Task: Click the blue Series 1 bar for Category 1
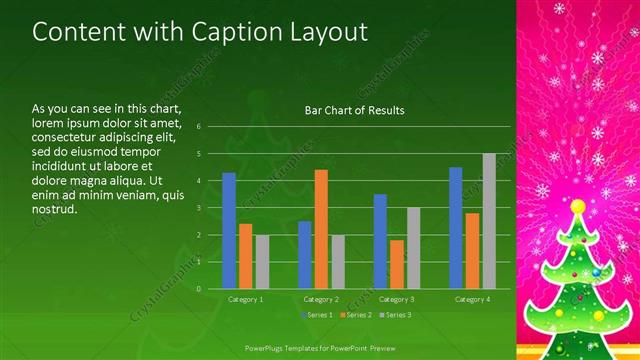229,231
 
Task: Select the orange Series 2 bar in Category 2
321,229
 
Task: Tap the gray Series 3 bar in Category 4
489,221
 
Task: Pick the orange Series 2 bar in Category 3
397,264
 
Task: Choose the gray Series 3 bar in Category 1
262,262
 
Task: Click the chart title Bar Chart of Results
354,111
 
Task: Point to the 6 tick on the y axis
200,127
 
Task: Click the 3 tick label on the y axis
200,208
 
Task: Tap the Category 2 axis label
321,299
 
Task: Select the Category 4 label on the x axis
471,299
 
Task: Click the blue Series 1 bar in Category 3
380,241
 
